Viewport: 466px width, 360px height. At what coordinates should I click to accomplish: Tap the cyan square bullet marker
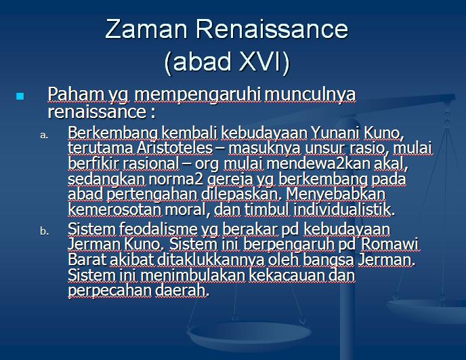point(20,97)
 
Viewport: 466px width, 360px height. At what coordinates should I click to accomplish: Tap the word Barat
point(86,260)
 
